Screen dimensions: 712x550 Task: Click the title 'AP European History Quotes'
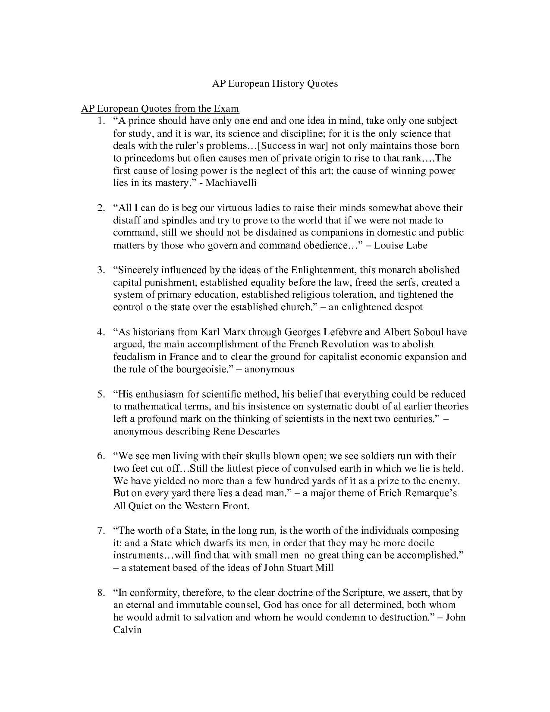[x=275, y=83]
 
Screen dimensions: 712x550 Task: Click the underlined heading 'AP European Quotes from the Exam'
[x=160, y=108]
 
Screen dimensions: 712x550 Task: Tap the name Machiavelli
[x=231, y=183]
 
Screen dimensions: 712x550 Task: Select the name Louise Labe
[x=400, y=246]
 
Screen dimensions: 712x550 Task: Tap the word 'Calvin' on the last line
[x=127, y=630]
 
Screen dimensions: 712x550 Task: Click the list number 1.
[x=101, y=121]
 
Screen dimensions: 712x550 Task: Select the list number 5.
[x=101, y=394]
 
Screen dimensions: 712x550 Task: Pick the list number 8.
[x=101, y=592]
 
